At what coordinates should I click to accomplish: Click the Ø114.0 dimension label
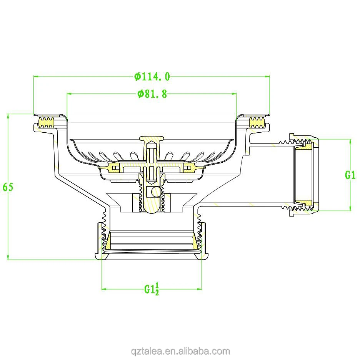tap(152, 77)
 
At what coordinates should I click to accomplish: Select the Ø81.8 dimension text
tap(152, 94)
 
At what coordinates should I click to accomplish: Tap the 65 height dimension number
tap(8, 187)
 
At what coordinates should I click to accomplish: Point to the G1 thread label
tap(350, 175)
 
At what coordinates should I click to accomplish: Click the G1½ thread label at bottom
tap(152, 288)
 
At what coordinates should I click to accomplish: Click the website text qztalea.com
tap(180, 351)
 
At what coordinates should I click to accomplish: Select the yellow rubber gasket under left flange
tap(47, 123)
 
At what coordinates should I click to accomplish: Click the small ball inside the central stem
tap(155, 191)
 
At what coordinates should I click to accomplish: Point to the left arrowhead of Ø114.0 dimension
tap(36, 77)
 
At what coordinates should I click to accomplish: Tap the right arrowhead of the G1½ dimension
tap(200, 289)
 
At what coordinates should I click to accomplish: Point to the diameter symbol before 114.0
tap(138, 77)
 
